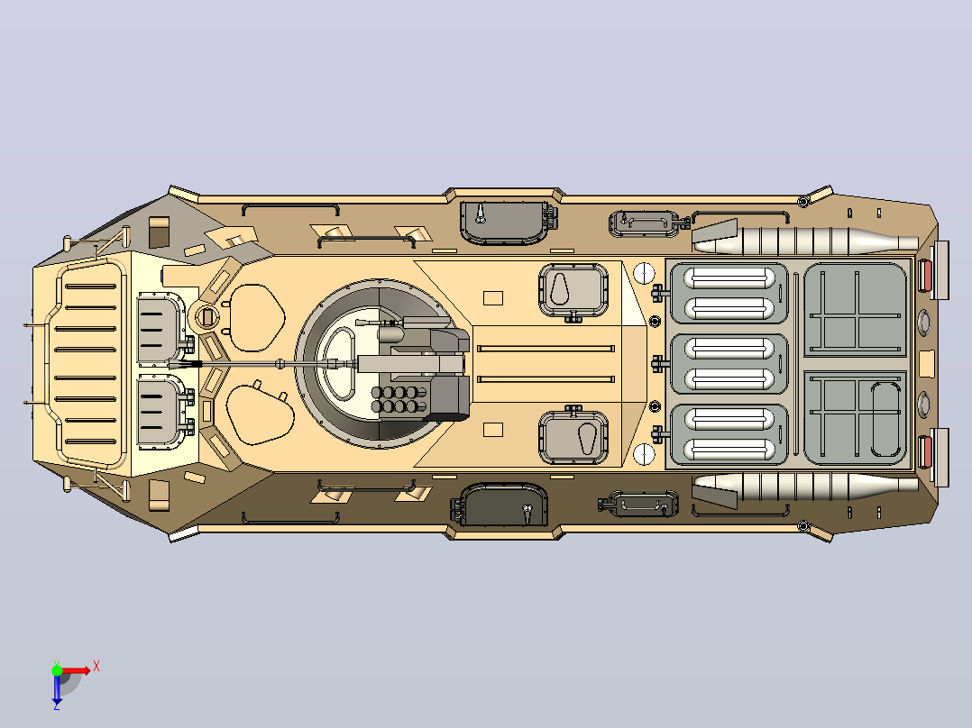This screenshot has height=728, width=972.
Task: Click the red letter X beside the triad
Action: pos(96,667)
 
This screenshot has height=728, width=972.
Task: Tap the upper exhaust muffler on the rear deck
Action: pos(806,241)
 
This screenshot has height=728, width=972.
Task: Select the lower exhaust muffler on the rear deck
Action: pos(806,487)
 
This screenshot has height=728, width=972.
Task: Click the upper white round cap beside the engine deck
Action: pos(644,272)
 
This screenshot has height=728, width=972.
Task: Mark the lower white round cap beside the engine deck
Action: pos(644,454)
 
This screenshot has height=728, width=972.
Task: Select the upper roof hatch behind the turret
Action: pos(573,291)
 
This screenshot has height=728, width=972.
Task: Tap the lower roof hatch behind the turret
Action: pos(573,436)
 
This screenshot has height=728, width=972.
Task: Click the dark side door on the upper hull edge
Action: pos(504,222)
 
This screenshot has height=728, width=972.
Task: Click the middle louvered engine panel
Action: pos(729,364)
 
